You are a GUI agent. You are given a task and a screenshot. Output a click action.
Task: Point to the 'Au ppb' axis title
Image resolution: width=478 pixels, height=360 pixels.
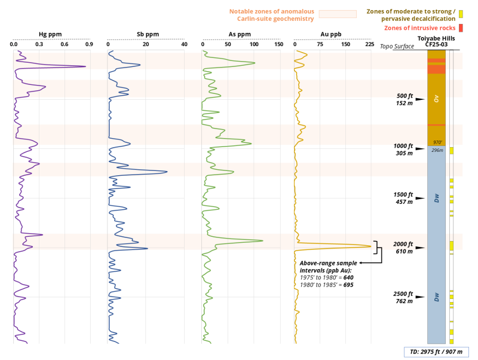click(x=333, y=35)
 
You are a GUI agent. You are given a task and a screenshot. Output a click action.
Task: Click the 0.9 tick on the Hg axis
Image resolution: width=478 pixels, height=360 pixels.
click(x=89, y=45)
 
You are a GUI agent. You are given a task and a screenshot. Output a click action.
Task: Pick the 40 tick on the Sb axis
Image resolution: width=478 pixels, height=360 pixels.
click(x=184, y=45)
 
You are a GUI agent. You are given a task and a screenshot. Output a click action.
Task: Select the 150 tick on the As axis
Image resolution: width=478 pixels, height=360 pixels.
click(x=278, y=45)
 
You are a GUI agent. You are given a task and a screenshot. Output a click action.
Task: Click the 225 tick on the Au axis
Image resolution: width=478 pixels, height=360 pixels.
click(x=369, y=45)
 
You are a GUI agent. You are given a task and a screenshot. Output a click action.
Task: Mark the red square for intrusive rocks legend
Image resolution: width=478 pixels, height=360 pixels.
click(x=461, y=28)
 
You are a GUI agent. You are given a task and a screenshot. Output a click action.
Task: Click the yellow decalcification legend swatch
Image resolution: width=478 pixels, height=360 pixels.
click(x=461, y=13)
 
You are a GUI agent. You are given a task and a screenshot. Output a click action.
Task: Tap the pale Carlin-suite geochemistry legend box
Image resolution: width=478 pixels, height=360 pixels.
click(x=337, y=14)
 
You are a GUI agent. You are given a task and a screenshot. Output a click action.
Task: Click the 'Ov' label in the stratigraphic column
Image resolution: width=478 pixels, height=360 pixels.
click(x=437, y=99)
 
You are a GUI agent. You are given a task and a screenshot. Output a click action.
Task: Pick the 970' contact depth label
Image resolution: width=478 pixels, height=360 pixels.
click(x=437, y=142)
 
